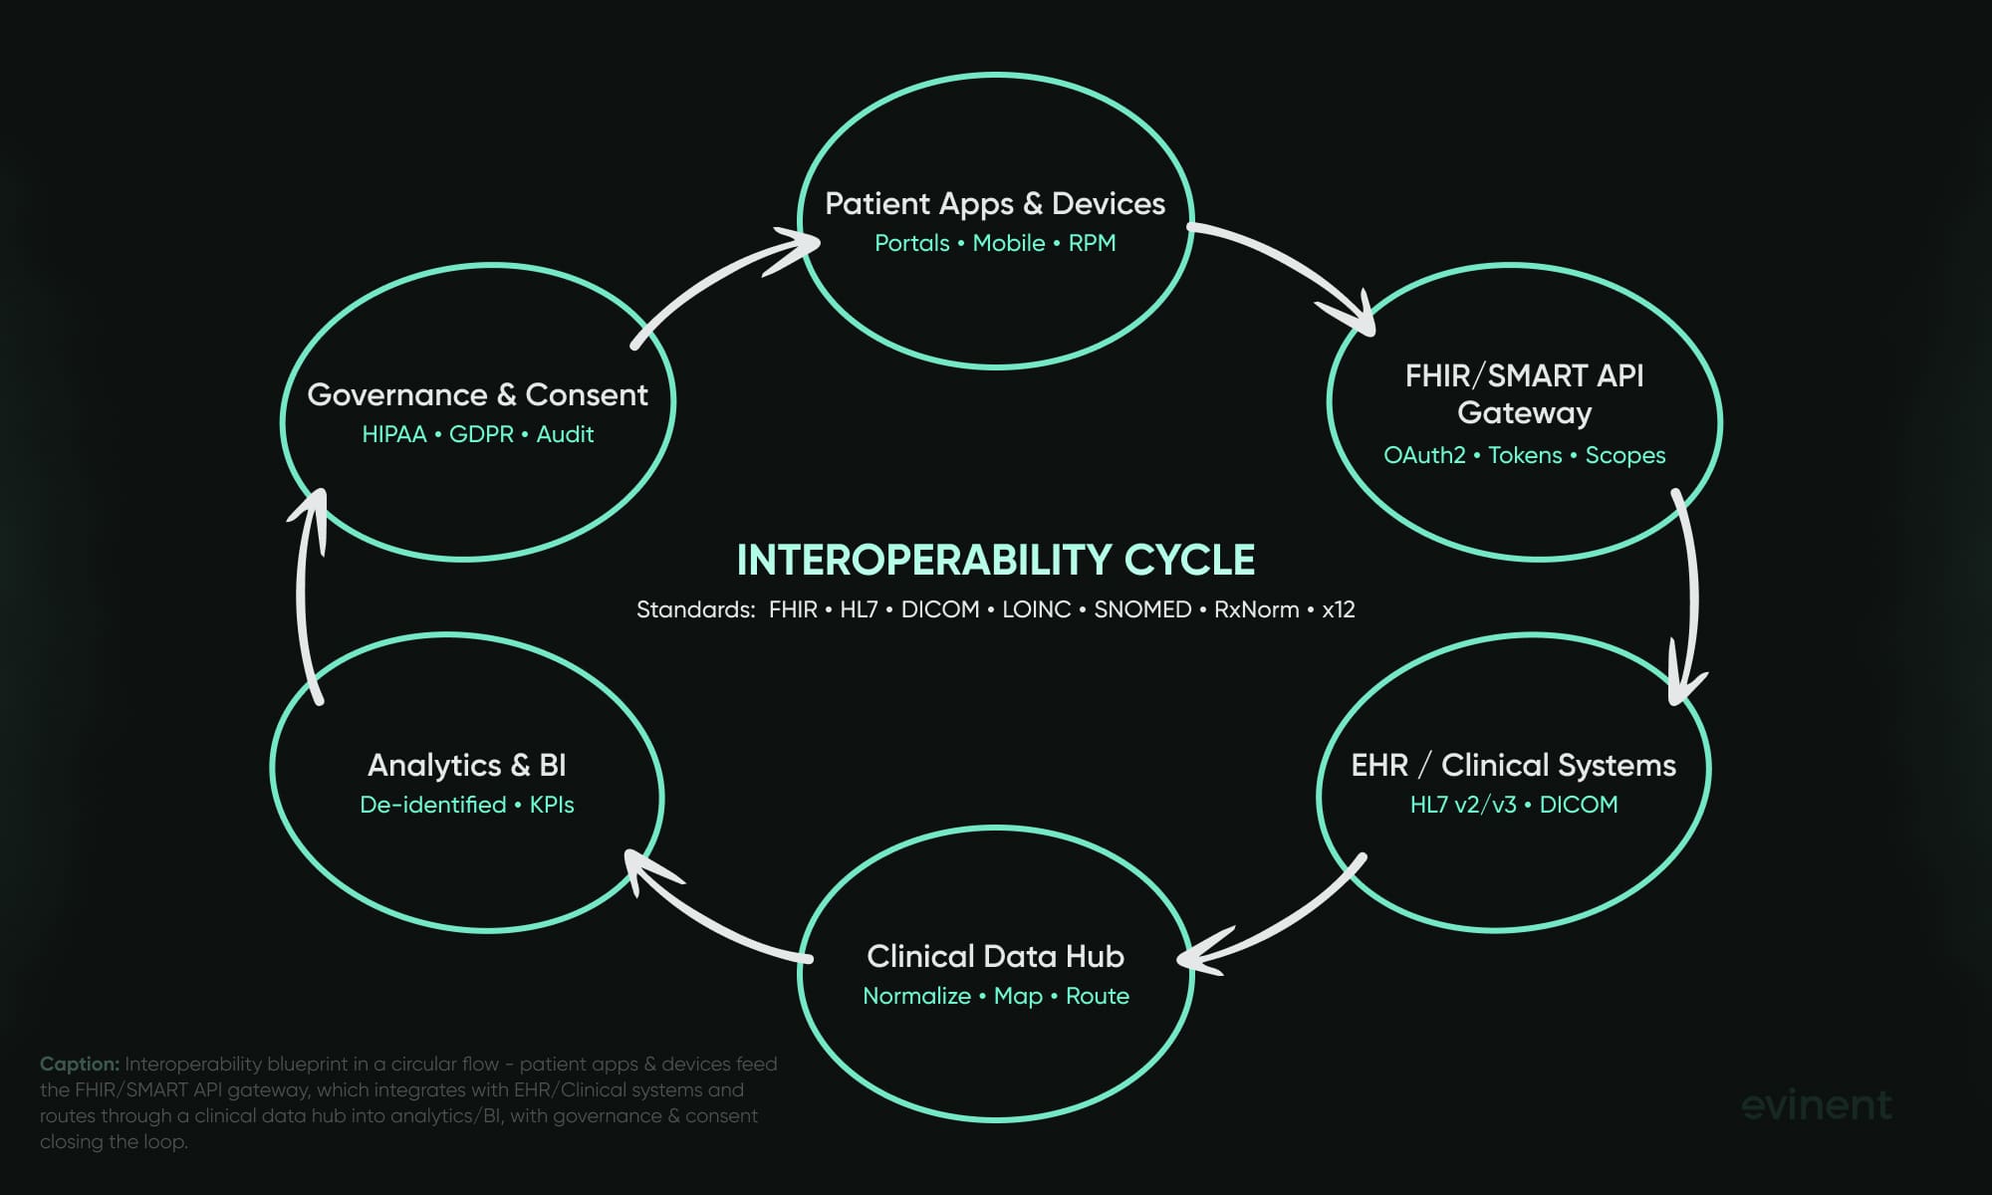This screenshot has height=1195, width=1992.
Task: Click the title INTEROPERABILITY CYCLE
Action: [995, 560]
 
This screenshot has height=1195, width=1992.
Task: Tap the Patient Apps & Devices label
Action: [995, 203]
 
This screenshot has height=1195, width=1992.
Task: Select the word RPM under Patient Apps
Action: [1092, 243]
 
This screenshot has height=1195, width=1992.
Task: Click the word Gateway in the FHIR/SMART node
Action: [1524, 412]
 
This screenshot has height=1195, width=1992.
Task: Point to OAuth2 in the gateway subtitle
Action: [1424, 455]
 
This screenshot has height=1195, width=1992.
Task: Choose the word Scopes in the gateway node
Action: [1624, 455]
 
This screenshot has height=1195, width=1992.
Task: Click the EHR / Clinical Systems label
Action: [1513, 765]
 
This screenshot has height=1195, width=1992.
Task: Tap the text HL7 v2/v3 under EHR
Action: [1463, 805]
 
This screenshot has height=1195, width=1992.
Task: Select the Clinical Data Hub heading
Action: [995, 956]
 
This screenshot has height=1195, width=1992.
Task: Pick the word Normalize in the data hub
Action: [916, 996]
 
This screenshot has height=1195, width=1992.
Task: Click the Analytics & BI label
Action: [466, 765]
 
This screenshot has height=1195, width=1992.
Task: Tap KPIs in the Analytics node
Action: [552, 805]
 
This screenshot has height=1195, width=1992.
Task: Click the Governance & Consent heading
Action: [477, 394]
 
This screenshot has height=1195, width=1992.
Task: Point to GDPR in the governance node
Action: [481, 434]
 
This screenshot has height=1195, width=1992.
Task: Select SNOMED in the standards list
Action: [1142, 609]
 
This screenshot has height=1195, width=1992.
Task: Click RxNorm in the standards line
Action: [1256, 609]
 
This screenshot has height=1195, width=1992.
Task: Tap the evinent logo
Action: [1817, 1104]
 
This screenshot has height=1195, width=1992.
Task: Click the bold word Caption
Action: [80, 1064]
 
